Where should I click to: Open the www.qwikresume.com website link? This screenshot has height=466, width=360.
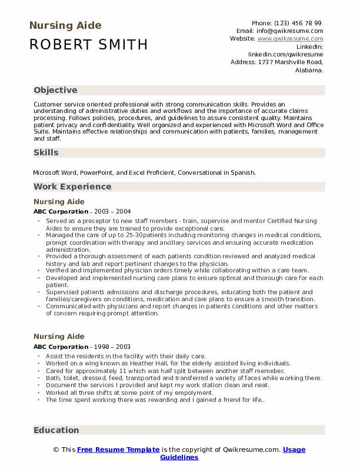(x=290, y=38)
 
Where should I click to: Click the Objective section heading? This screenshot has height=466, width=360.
(x=55, y=90)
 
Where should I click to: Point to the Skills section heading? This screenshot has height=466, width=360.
(x=46, y=152)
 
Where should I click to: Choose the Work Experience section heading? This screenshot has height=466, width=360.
(x=72, y=187)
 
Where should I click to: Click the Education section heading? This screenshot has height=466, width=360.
(x=56, y=430)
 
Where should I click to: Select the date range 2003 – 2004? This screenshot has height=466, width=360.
(x=112, y=211)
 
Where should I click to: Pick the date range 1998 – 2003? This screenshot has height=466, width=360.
(x=112, y=347)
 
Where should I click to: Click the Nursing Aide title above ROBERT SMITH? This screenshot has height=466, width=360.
(x=65, y=25)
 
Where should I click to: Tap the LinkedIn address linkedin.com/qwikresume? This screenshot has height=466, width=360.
(x=285, y=54)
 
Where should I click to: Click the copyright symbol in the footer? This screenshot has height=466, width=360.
(x=56, y=450)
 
